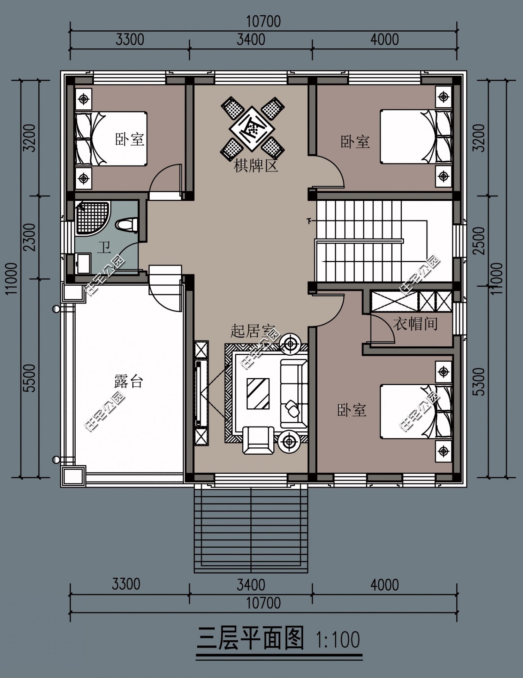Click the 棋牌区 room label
[x=256, y=166]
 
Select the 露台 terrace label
[x=129, y=382]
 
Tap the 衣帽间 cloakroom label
[x=416, y=324]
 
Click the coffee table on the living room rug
[x=258, y=393]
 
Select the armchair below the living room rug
[x=258, y=440]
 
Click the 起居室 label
[x=252, y=331]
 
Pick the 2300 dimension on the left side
[x=30, y=237]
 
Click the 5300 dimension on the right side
[x=480, y=382]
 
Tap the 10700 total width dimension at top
[x=263, y=22]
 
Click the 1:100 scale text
[x=338, y=639]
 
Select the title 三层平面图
[x=250, y=638]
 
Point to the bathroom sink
[x=83, y=263]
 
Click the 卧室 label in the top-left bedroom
[x=130, y=139]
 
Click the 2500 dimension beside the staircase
[x=480, y=240]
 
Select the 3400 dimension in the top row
[x=251, y=39]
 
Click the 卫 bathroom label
[x=104, y=248]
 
